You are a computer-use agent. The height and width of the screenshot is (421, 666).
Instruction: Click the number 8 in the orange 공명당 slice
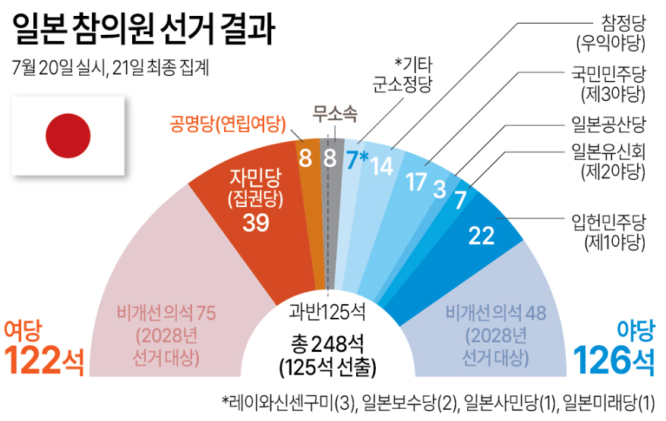click(305, 159)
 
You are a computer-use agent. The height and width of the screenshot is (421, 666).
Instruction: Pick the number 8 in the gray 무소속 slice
click(330, 158)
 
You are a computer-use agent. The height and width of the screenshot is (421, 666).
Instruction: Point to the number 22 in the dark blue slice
click(481, 236)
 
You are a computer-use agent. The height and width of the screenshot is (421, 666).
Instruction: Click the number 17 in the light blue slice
click(416, 183)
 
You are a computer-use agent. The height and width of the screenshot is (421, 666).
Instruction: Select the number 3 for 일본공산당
click(439, 189)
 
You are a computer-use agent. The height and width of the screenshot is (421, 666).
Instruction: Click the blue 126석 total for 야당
click(613, 359)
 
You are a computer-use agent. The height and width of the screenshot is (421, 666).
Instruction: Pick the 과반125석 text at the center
click(327, 311)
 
